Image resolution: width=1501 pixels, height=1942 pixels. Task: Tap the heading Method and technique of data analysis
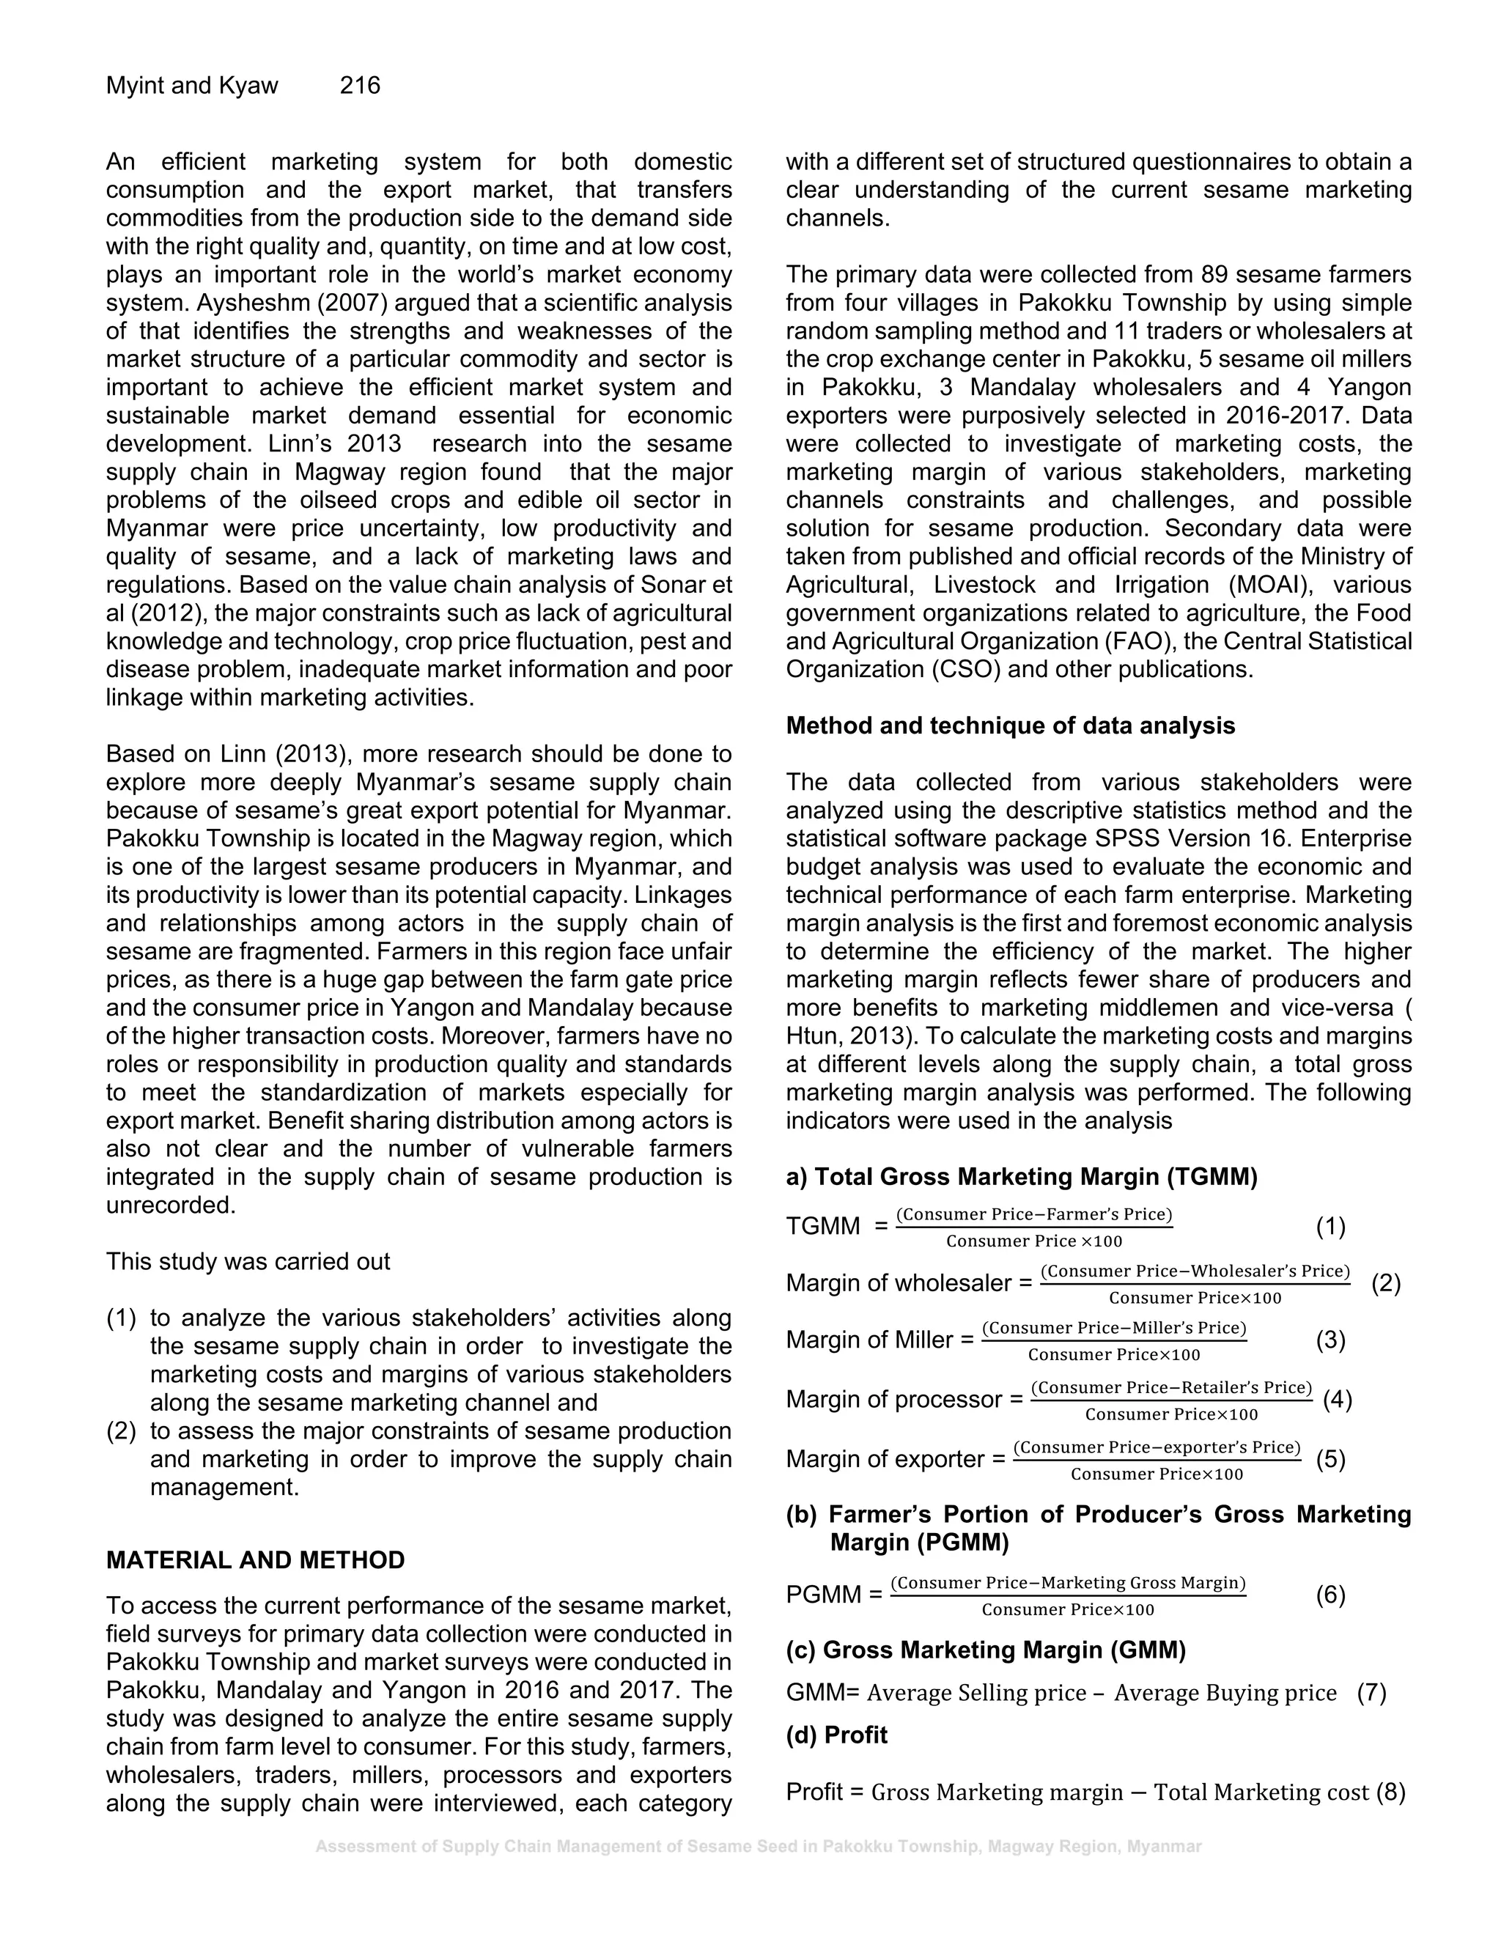click(x=1010, y=726)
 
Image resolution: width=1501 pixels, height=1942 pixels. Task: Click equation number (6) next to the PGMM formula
click(x=1330, y=1595)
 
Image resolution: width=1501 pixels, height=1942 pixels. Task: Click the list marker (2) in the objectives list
click(x=121, y=1430)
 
